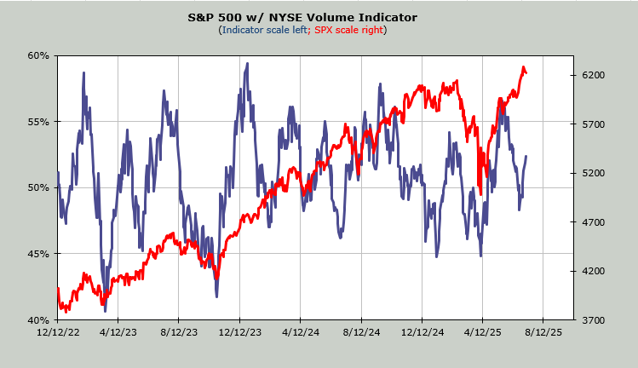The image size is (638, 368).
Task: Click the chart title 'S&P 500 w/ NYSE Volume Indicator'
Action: coord(302,16)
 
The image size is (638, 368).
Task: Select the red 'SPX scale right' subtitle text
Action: coord(349,30)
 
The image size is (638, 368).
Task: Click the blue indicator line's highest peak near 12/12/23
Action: coord(247,63)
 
